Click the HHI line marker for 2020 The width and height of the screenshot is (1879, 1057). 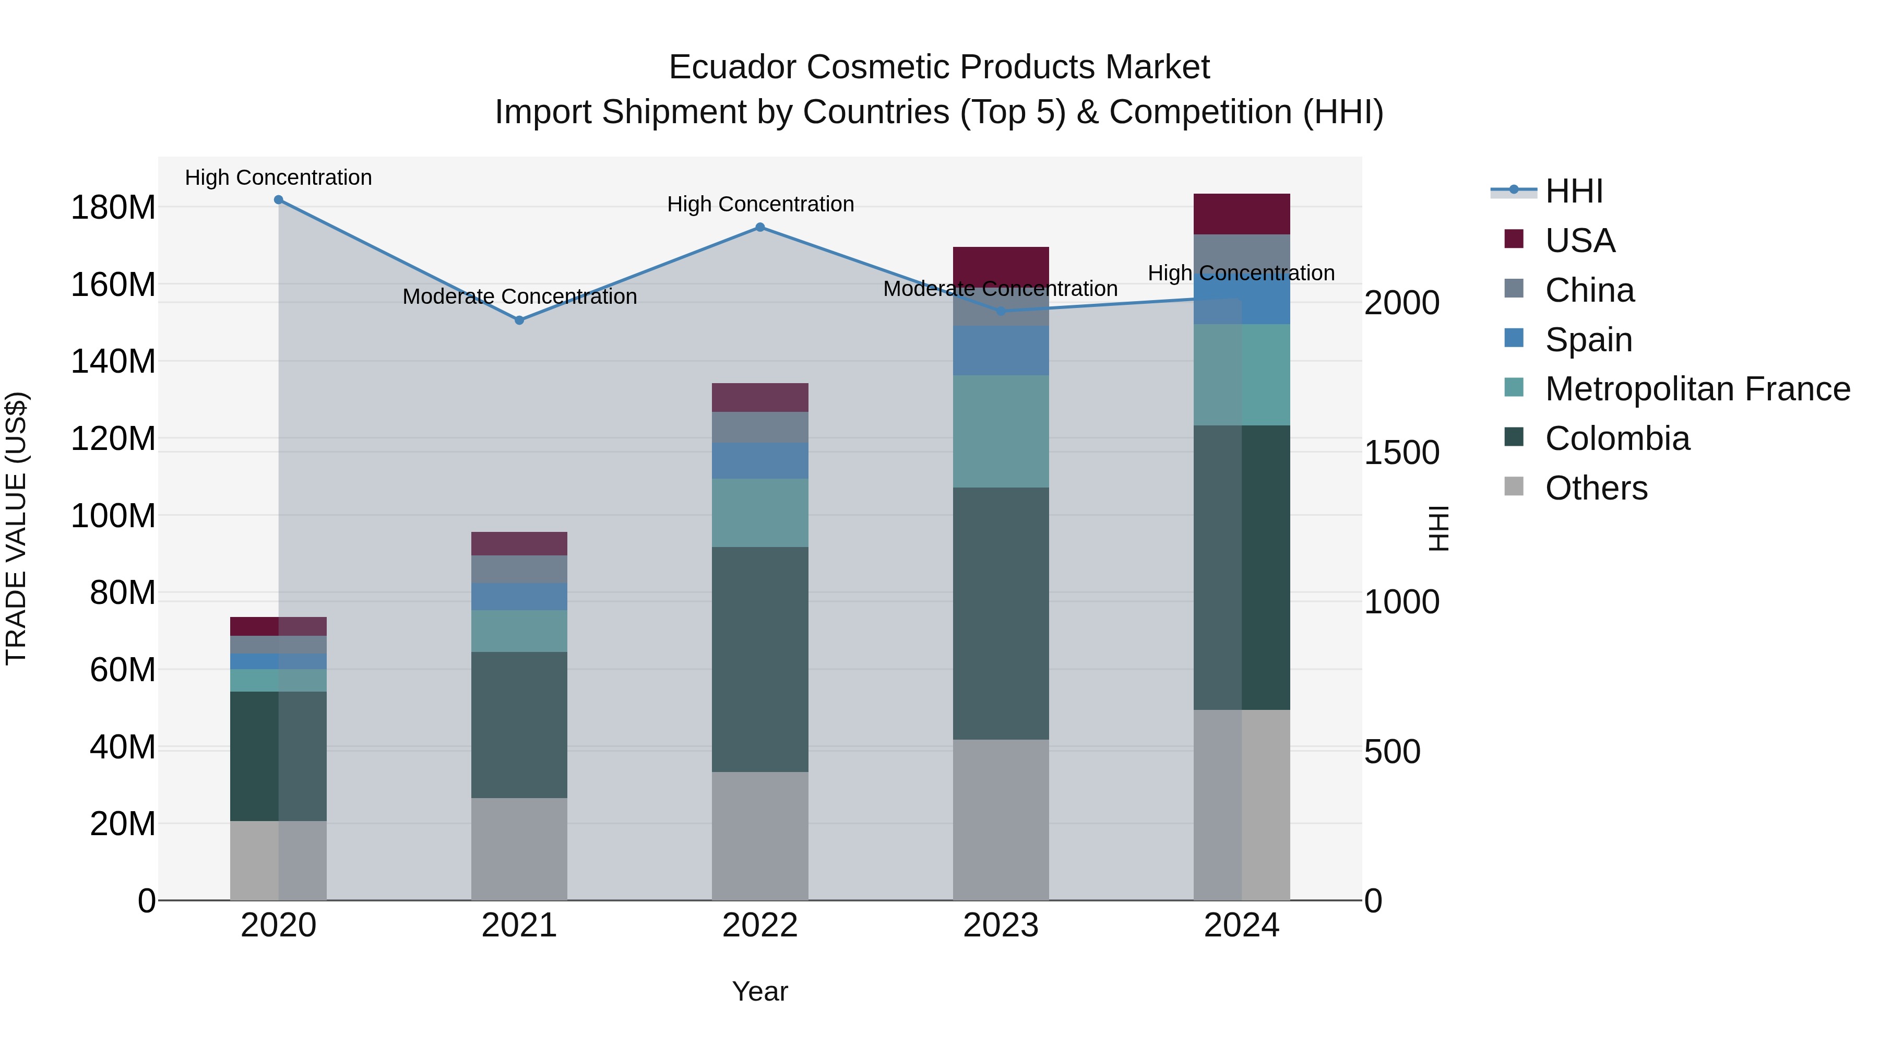(x=279, y=200)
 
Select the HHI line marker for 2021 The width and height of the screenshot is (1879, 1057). (x=519, y=320)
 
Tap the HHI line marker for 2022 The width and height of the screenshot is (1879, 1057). (x=760, y=228)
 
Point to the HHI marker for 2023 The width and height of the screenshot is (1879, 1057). (x=1001, y=312)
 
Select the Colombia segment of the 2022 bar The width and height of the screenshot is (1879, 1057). (x=760, y=659)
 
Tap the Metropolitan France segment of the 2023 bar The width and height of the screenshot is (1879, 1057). (x=1001, y=431)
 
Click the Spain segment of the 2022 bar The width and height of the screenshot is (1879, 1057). (x=760, y=460)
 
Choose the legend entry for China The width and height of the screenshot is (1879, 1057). (x=1589, y=290)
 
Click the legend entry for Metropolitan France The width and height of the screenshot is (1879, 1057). (x=1697, y=389)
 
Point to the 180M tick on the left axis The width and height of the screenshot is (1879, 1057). (x=113, y=208)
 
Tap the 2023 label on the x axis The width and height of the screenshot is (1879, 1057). (x=1001, y=925)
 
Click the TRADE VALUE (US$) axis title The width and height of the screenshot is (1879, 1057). (x=16, y=528)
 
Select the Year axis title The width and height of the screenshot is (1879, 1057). (x=760, y=991)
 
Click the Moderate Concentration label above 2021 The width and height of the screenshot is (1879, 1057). (x=519, y=297)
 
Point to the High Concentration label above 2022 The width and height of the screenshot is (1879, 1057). (x=760, y=204)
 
